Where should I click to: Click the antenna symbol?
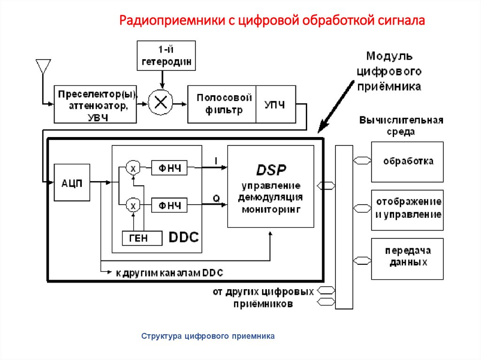pyautogui.click(x=43, y=67)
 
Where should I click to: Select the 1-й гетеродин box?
pyautogui.click(x=166, y=55)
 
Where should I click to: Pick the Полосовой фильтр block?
pyautogui.click(x=222, y=104)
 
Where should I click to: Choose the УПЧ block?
pyautogui.click(x=276, y=104)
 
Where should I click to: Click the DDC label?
pyautogui.click(x=183, y=237)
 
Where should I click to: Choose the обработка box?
pyautogui.click(x=407, y=161)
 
